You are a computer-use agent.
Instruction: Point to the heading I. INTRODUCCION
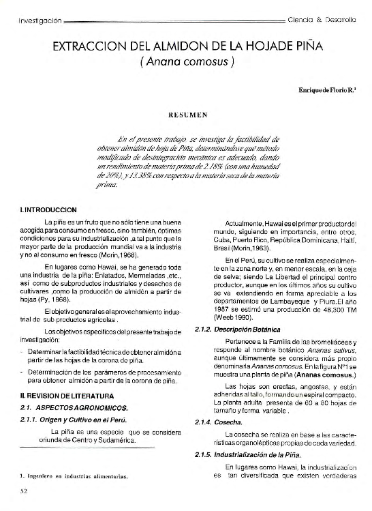48,209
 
